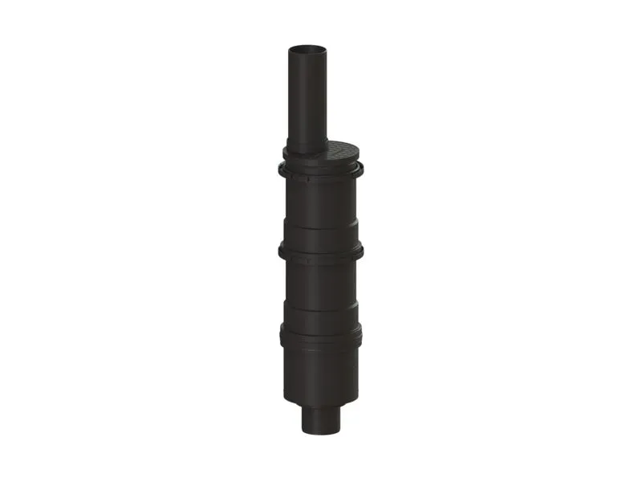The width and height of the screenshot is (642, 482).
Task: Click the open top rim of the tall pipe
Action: click(309, 49)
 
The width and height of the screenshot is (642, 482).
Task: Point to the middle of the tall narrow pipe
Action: click(309, 96)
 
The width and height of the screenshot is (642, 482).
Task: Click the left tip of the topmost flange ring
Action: click(280, 170)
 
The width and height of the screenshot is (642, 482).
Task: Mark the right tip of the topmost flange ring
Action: click(363, 170)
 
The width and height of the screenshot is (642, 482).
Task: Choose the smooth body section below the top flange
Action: click(321, 201)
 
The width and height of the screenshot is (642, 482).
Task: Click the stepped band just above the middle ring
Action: click(321, 237)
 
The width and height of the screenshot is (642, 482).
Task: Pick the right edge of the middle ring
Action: click(362, 252)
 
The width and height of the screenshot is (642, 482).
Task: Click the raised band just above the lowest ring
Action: click(321, 317)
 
